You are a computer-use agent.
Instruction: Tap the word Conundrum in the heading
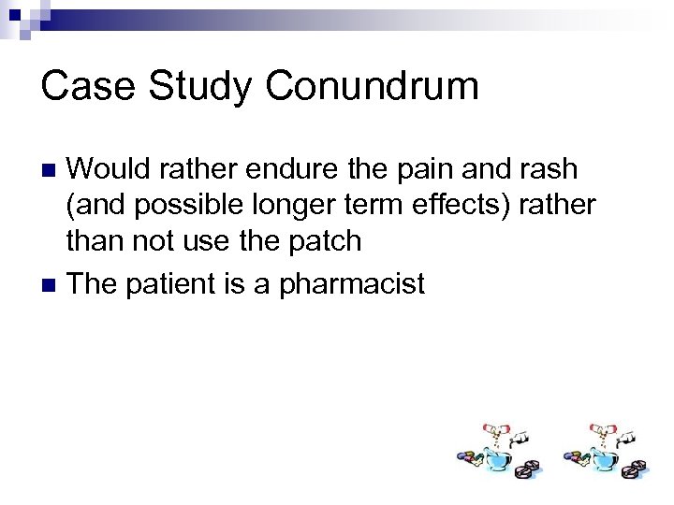pyautogui.click(x=373, y=86)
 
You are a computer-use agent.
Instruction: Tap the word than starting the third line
pyautogui.click(x=94, y=240)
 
